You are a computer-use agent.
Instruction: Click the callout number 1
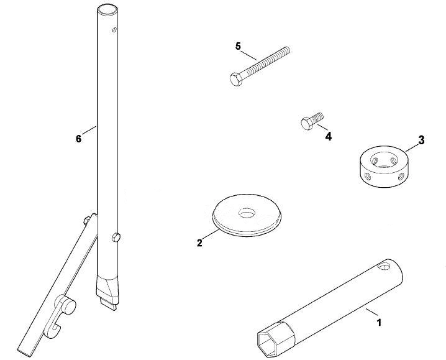(378, 323)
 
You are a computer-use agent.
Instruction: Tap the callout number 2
(199, 243)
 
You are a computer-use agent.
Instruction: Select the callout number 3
(421, 140)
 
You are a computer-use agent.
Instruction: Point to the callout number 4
(328, 137)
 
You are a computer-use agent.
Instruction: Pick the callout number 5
(238, 46)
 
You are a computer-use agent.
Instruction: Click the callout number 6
(78, 139)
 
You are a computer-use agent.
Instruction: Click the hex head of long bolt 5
(236, 80)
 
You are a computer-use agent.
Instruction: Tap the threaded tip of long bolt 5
(287, 50)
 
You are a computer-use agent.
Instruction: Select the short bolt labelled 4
(312, 121)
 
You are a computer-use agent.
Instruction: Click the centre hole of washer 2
(247, 213)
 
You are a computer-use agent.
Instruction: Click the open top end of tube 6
(107, 9)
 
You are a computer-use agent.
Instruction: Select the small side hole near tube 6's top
(114, 30)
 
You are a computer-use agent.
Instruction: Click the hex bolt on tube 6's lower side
(116, 237)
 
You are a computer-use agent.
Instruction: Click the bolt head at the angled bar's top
(86, 220)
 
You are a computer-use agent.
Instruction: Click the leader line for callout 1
(371, 312)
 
